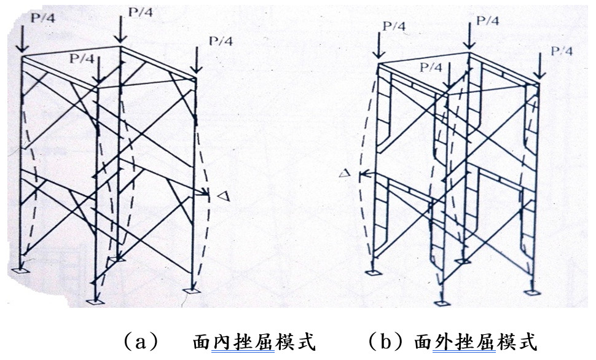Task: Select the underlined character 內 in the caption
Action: click(224, 342)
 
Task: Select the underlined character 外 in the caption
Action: click(444, 342)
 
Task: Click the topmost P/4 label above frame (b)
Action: click(487, 20)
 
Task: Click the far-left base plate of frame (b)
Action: click(371, 273)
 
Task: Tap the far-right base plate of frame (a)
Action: click(192, 291)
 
